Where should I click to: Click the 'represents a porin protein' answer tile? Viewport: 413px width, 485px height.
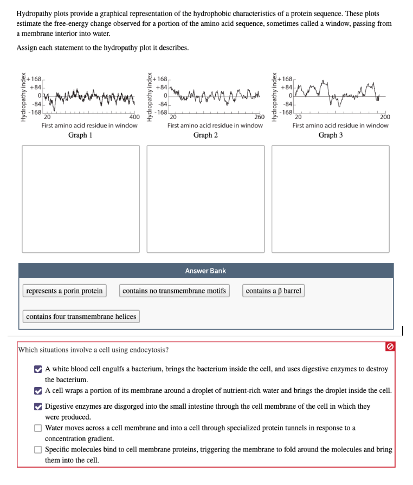64,291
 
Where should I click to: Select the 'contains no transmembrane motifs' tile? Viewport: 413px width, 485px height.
174,291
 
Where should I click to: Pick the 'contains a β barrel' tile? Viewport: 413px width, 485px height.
273,291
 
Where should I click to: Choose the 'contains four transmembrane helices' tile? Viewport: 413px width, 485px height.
81,317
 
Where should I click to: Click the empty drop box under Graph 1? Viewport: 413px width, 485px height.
81,198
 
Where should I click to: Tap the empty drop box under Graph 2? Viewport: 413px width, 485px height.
206,198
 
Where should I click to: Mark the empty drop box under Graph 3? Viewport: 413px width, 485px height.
331,198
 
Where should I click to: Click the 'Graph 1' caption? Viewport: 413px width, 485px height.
80,135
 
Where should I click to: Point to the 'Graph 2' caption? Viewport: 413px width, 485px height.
205,135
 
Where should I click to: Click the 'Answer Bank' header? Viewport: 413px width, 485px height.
205,271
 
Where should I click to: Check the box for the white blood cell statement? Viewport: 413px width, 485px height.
38,369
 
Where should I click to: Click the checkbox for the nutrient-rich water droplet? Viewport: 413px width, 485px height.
38,390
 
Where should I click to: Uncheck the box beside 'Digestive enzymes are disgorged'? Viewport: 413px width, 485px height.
38,407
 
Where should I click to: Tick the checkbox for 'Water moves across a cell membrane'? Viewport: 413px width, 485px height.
38,428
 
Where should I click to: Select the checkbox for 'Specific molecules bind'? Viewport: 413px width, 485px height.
38,450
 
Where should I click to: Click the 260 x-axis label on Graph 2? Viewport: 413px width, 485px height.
259,117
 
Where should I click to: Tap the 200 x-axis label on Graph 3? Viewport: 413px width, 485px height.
384,117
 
